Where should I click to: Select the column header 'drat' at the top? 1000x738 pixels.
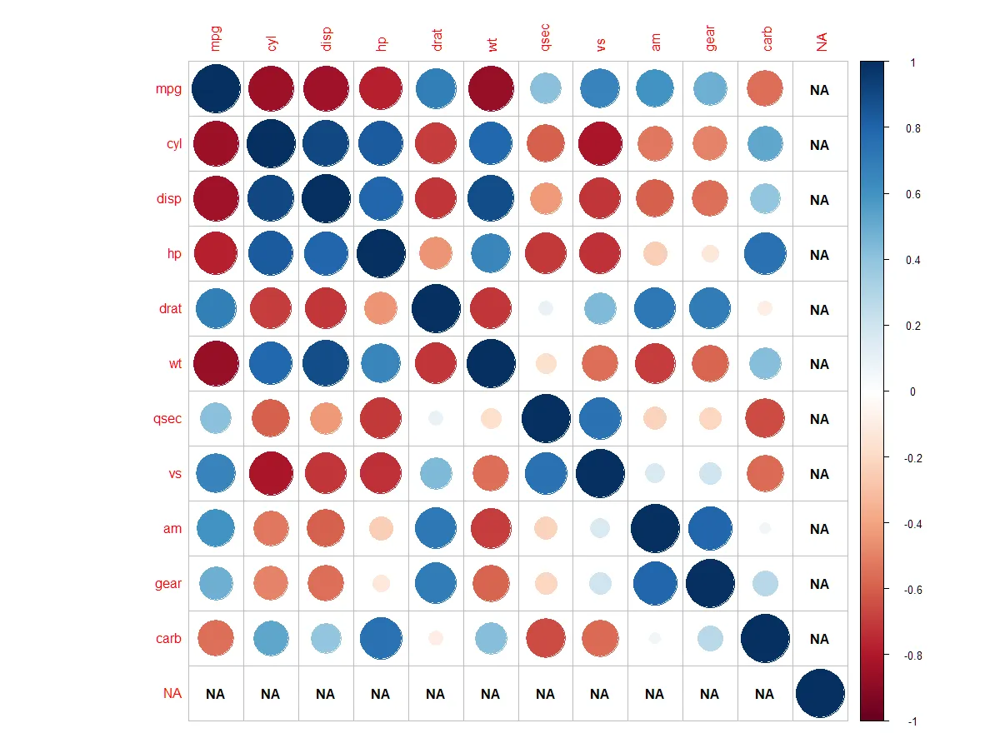click(x=435, y=40)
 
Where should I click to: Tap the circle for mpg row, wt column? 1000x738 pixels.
click(x=490, y=89)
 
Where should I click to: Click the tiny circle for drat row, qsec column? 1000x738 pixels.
click(x=545, y=308)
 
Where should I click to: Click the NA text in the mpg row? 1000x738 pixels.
click(x=819, y=90)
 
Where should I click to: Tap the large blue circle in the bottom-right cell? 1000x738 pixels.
click(x=820, y=693)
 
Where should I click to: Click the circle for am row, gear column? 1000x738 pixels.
click(x=709, y=528)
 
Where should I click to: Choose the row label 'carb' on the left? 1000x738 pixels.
click(x=168, y=639)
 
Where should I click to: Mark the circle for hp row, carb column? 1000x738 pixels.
click(x=764, y=254)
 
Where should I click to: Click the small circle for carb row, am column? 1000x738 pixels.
click(x=654, y=638)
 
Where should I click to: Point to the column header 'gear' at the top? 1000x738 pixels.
click(x=710, y=38)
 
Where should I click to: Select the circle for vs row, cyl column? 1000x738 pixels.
click(x=270, y=473)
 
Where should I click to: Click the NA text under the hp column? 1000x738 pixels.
click(x=380, y=694)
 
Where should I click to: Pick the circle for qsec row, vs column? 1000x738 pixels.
click(x=599, y=419)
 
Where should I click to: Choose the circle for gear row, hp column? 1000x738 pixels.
click(x=381, y=583)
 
